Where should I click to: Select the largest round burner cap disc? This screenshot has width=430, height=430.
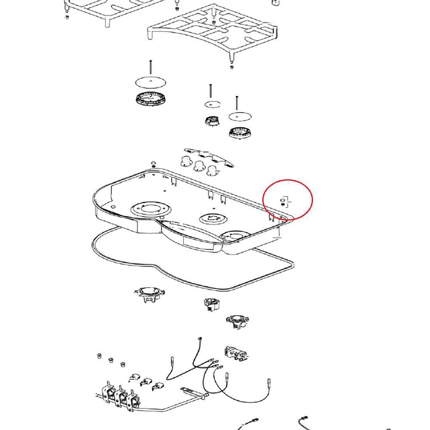tap(151, 82)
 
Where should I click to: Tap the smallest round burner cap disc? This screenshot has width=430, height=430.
tap(212, 104)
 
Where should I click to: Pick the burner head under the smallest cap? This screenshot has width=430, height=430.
tap(212, 121)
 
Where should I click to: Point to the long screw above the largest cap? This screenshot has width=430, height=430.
tap(150, 68)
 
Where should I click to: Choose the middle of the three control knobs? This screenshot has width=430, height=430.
tap(199, 166)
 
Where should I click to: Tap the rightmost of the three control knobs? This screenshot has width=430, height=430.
tap(212, 171)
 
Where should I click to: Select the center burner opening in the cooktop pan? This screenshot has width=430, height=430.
tap(212, 218)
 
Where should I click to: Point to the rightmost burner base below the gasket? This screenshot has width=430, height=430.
tap(236, 321)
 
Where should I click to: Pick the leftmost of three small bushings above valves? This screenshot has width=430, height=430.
tap(98, 356)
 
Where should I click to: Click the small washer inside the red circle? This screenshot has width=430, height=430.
tap(283, 200)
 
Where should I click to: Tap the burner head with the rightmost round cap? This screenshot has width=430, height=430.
tap(237, 132)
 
